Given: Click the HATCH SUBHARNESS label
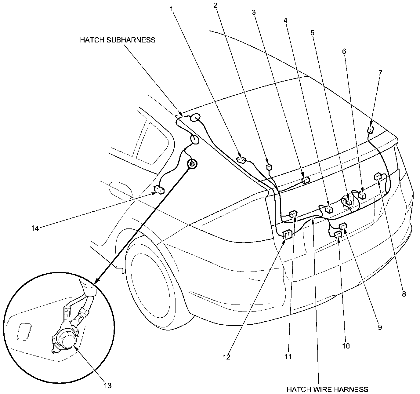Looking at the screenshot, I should click(x=118, y=40).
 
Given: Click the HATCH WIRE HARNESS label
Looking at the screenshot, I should click(x=327, y=389).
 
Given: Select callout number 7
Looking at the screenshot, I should click(x=380, y=73).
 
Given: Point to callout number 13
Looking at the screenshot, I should click(x=107, y=385).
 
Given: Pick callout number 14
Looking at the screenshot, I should click(x=35, y=228).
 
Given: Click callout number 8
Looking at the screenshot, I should click(x=404, y=294).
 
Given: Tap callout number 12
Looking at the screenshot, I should click(x=227, y=356).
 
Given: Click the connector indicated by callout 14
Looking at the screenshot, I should click(x=159, y=190).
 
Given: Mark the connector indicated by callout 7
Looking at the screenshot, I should click(x=371, y=130).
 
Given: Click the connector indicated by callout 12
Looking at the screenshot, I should click(x=288, y=235).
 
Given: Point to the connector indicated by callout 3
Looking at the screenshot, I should click(x=305, y=180).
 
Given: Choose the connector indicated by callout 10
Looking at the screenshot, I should click(x=338, y=235).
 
